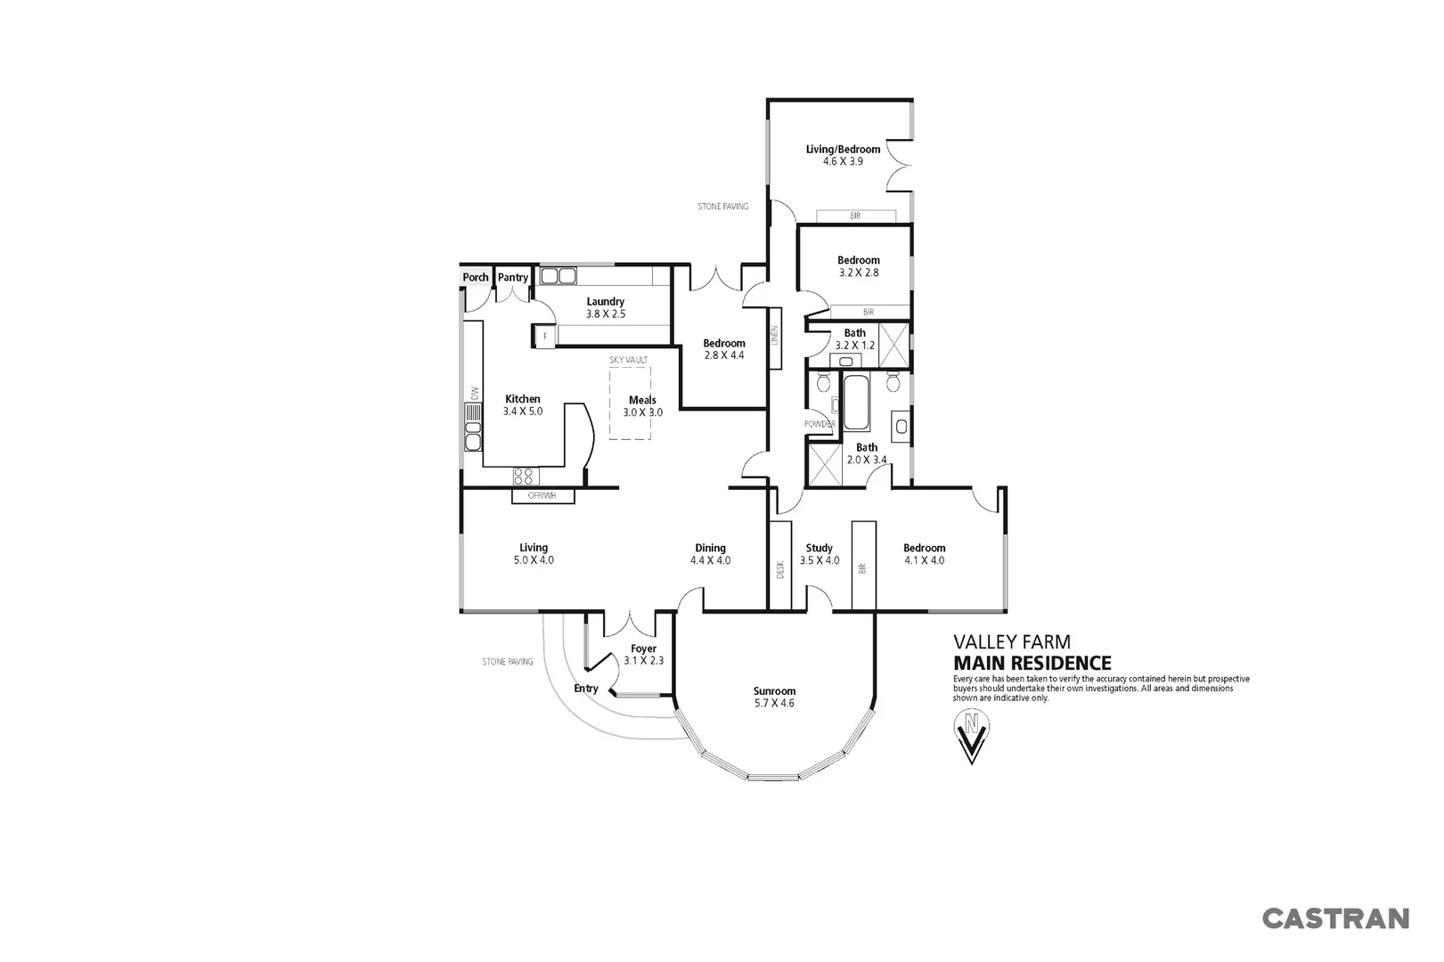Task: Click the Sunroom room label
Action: click(x=773, y=691)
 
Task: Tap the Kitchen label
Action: click(x=523, y=399)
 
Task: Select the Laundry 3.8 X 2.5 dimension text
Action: click(x=606, y=314)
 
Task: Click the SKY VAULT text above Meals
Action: click(x=628, y=360)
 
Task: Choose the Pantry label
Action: click(x=513, y=277)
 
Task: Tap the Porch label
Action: click(x=476, y=277)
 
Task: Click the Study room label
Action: click(x=819, y=549)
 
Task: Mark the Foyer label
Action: click(x=643, y=648)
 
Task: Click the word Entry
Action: click(x=586, y=689)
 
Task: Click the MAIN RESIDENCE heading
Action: click(x=1032, y=663)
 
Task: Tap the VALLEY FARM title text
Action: click(x=1012, y=641)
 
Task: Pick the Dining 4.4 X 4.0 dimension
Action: click(x=710, y=561)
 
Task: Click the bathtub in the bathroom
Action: click(x=855, y=403)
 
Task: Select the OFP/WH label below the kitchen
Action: click(x=542, y=496)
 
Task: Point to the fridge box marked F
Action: click(x=545, y=336)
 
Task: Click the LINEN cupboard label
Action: click(x=775, y=335)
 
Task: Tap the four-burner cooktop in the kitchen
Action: click(x=525, y=477)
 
